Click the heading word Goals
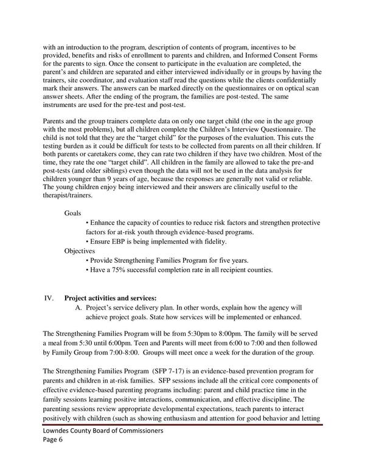pyautogui.click(x=73, y=213)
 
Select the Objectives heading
pyautogui.click(x=80, y=250)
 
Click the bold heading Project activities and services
pyautogui.click(x=110, y=298)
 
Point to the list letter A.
pyautogui.click(x=78, y=308)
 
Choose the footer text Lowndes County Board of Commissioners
pyautogui.click(x=100, y=447)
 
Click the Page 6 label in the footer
pyautogui.click(x=54, y=457)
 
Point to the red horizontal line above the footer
pyautogui.click(x=182, y=436)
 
